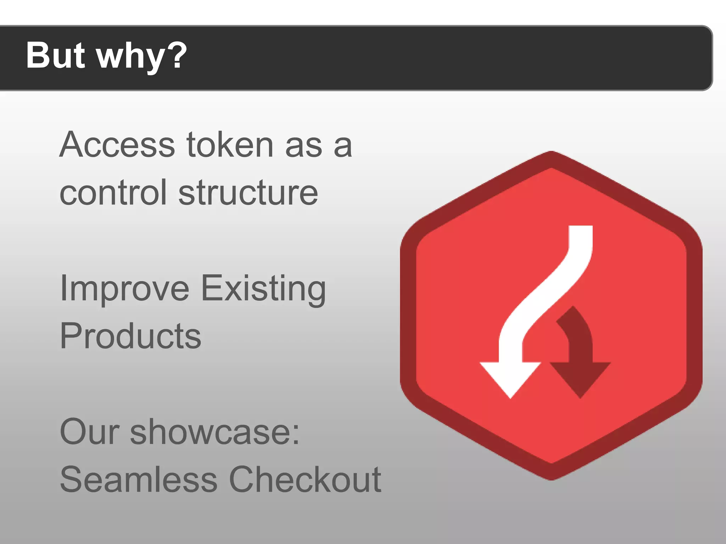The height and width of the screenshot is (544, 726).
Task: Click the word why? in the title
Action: (x=142, y=57)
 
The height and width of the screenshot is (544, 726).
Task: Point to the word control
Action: (x=113, y=193)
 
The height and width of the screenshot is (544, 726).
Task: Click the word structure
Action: (x=248, y=193)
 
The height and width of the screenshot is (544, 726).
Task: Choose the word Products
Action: (x=130, y=336)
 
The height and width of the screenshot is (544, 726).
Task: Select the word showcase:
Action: (x=215, y=432)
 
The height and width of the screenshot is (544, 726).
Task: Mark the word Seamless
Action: (x=139, y=480)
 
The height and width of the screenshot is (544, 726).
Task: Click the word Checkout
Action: (x=305, y=480)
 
